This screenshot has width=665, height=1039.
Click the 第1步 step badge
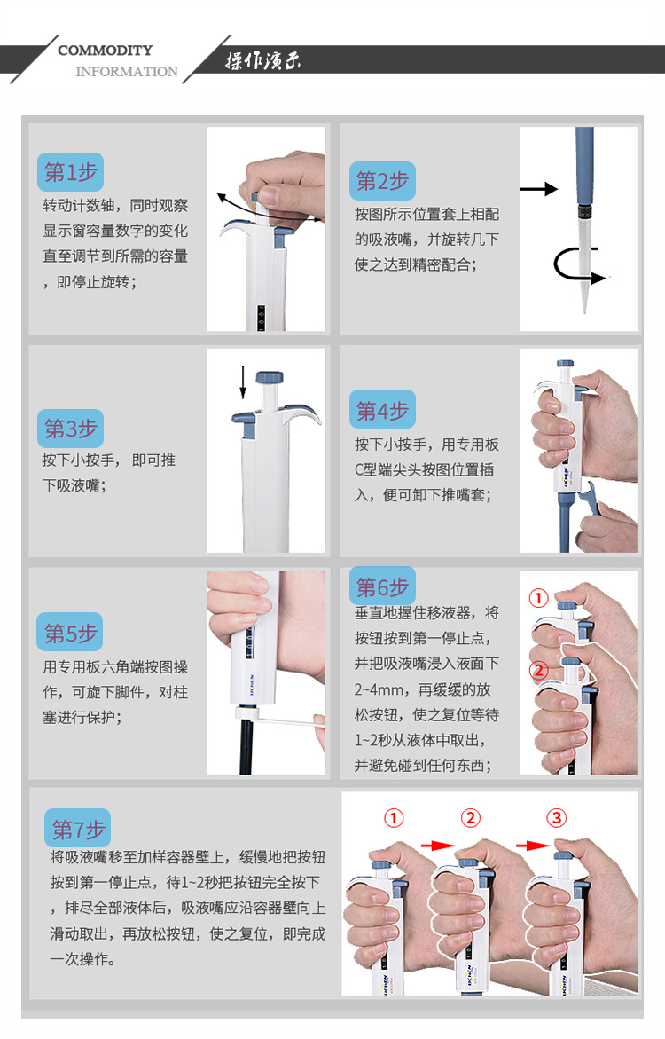tap(70, 171)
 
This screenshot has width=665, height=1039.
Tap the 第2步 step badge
tap(382, 181)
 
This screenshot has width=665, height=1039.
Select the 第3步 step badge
tap(70, 429)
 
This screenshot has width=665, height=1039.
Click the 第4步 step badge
tap(382, 411)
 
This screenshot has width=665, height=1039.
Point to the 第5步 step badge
tap(70, 634)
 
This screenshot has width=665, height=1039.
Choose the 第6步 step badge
tap(382, 586)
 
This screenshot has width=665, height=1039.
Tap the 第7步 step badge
tap(78, 830)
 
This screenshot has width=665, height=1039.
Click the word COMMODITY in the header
tap(105, 51)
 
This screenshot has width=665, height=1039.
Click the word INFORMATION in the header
tap(126, 72)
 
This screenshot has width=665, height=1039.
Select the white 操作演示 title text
tap(262, 62)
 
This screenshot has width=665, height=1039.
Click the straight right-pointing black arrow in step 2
tap(538, 189)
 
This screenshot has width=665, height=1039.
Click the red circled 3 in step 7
tap(555, 816)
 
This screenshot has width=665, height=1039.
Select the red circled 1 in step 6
tap(538, 598)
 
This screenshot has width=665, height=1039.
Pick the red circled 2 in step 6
tap(538, 670)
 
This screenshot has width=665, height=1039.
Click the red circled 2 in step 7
tap(472, 816)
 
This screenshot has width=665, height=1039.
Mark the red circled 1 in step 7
tap(394, 816)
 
